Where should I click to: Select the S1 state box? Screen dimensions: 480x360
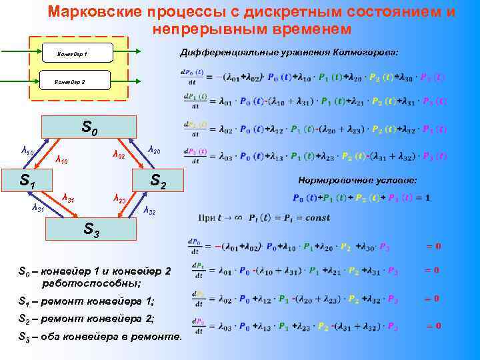point(27,180)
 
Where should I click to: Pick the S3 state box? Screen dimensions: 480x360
point(91,231)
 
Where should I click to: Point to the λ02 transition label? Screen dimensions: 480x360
point(118,155)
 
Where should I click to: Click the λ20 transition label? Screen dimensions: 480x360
point(153,149)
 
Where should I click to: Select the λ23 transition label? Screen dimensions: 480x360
point(120,198)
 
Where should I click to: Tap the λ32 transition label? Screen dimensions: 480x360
point(151,211)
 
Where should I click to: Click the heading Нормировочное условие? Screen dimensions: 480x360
point(358,181)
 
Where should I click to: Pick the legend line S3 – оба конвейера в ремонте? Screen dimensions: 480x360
point(99,336)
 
